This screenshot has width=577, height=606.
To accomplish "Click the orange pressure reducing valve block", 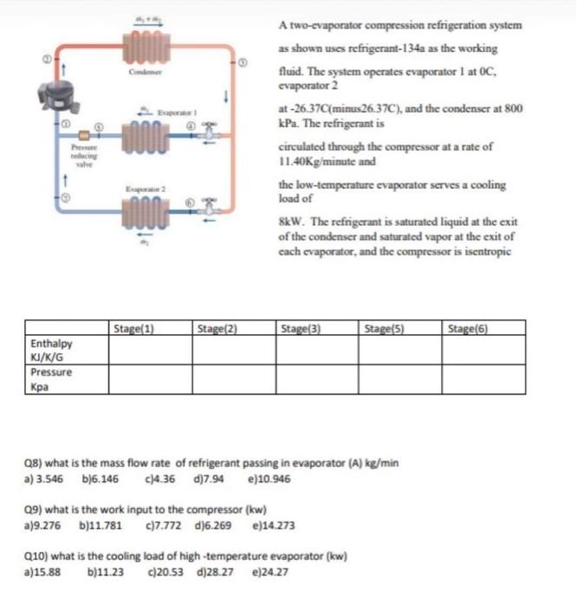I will [x=85, y=135].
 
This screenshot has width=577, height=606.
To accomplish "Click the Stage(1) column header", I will [x=134, y=328].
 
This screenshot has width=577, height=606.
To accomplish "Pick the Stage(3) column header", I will [x=302, y=328].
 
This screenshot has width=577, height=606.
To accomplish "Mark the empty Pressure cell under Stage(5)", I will [x=401, y=378].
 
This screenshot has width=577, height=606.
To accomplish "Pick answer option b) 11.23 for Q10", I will [x=107, y=572].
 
